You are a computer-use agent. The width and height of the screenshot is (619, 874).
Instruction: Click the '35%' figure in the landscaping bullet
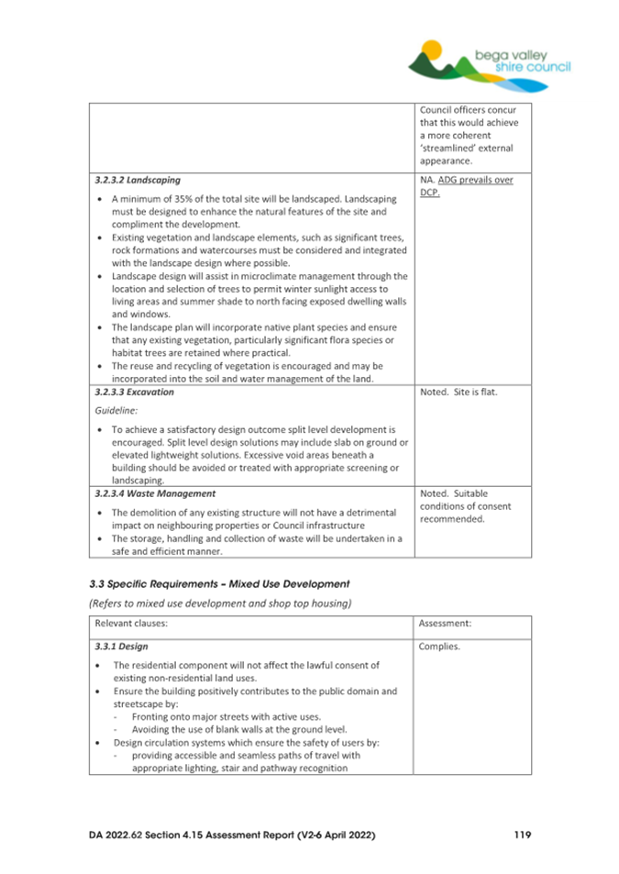188,198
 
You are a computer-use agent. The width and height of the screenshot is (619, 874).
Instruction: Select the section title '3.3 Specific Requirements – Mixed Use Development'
219,582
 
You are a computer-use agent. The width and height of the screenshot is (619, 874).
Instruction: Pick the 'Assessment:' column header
445,622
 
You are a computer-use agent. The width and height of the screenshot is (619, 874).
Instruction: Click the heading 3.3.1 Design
121,646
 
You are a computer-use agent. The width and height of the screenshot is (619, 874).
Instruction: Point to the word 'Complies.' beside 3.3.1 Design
439,646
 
